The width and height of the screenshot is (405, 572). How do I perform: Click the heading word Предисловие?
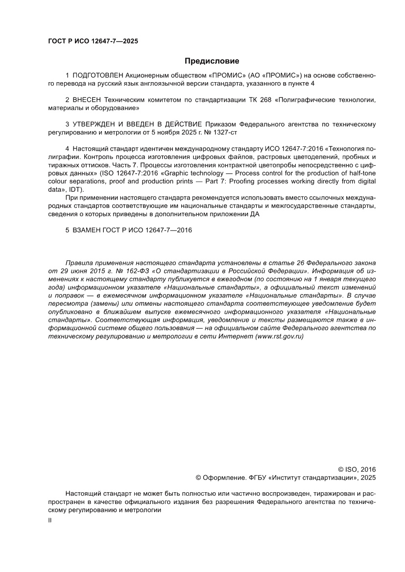(212, 61)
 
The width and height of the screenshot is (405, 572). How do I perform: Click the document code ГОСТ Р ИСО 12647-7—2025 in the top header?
(93, 41)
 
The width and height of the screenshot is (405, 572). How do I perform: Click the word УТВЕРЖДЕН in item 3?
(94, 124)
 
